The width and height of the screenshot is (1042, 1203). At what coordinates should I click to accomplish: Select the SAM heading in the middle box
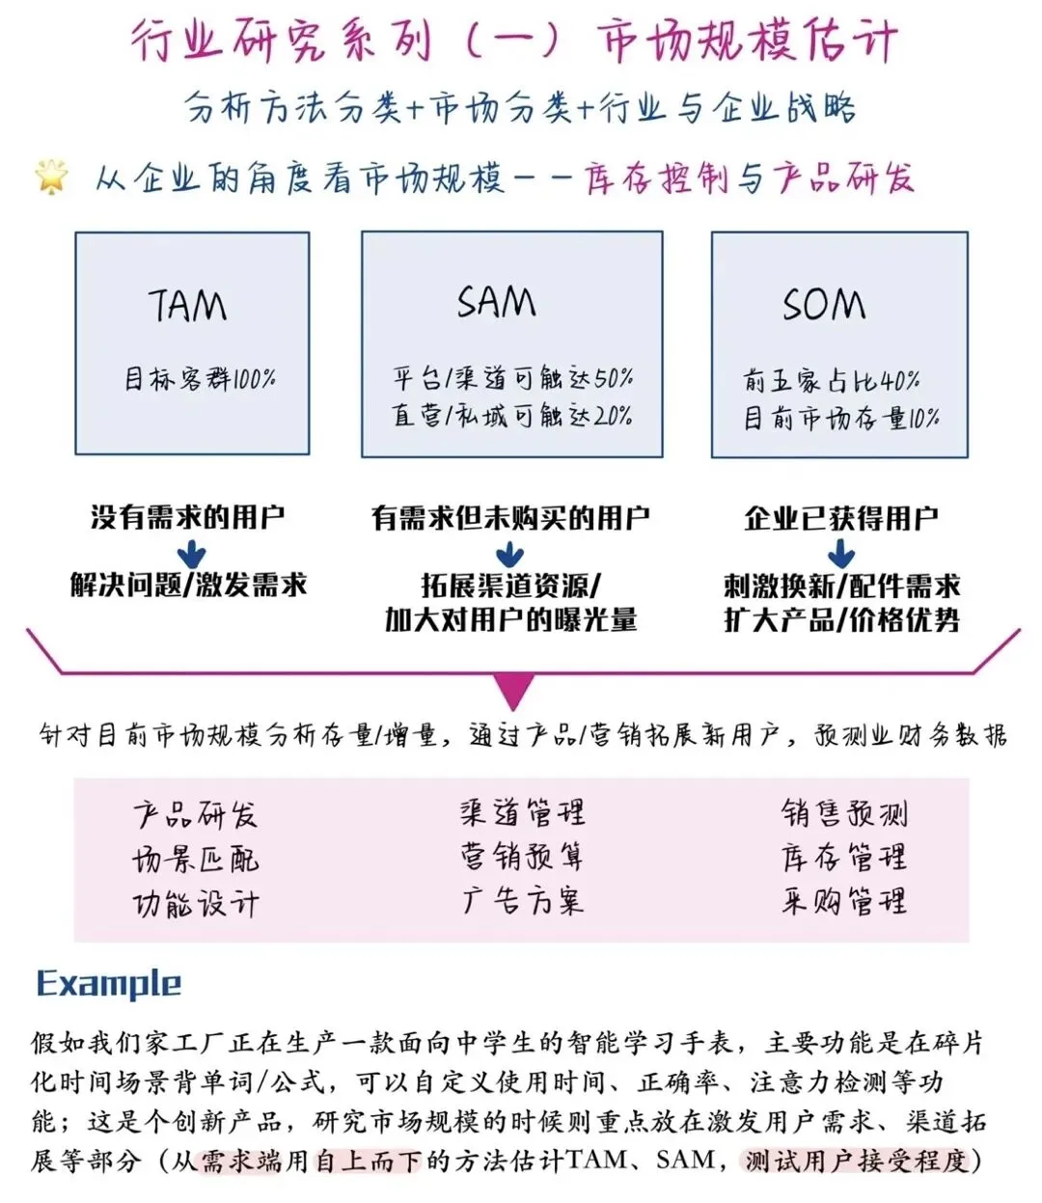pyautogui.click(x=496, y=302)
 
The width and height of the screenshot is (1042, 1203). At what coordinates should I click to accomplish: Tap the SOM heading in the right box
pyautogui.click(x=824, y=305)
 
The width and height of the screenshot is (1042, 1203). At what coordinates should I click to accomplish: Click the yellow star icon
pyautogui.click(x=51, y=177)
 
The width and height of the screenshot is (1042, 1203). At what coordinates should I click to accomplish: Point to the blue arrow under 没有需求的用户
pyautogui.click(x=190, y=554)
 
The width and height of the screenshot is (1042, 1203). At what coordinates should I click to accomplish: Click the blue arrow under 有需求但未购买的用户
pyautogui.click(x=508, y=555)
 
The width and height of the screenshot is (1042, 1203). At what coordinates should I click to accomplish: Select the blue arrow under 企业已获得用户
pyautogui.click(x=840, y=554)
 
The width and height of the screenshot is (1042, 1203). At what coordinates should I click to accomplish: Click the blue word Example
pyautogui.click(x=109, y=984)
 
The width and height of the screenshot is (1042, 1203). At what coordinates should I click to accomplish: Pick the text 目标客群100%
pyautogui.click(x=200, y=378)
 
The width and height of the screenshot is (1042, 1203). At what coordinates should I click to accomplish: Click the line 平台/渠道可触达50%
pyautogui.click(x=512, y=377)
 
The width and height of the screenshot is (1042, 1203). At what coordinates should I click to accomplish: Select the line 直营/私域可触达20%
pyautogui.click(x=512, y=415)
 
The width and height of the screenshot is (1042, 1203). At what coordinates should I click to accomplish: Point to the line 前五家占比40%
pyautogui.click(x=832, y=380)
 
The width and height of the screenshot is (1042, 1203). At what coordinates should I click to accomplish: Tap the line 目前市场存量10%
pyautogui.click(x=841, y=418)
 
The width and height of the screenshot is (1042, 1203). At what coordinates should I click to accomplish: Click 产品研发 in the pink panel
pyautogui.click(x=196, y=815)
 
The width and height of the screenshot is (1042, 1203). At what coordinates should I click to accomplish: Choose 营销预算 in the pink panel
pyautogui.click(x=522, y=856)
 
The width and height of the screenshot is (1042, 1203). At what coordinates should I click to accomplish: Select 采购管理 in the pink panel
pyautogui.click(x=844, y=901)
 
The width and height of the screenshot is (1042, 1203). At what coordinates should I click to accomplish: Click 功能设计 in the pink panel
pyautogui.click(x=196, y=904)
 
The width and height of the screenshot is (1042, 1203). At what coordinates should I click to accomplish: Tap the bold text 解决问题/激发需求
pyautogui.click(x=189, y=585)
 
